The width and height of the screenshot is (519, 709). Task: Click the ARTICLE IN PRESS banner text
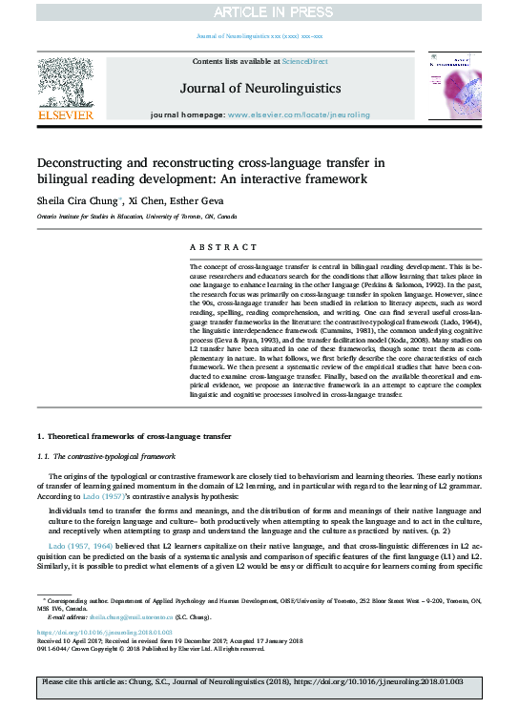[259, 12]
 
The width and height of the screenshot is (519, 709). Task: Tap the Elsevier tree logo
[66, 80]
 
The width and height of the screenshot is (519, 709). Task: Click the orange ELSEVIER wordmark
[66, 115]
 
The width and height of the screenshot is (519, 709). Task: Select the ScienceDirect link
[305, 60]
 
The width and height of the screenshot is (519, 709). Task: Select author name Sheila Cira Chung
[76, 201]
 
